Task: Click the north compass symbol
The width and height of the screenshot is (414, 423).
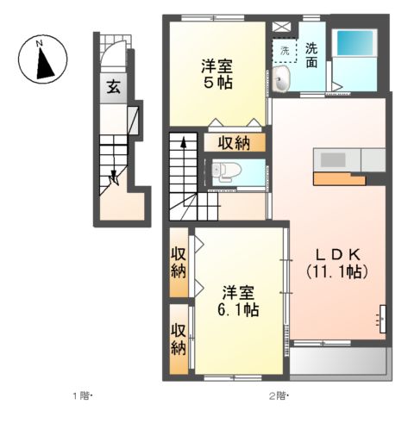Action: click(42, 59)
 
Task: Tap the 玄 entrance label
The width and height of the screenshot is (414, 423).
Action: click(113, 87)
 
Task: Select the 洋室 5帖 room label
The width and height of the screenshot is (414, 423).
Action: click(217, 74)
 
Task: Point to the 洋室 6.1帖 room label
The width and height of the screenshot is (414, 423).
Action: click(238, 301)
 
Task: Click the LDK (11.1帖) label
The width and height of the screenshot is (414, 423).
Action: click(337, 263)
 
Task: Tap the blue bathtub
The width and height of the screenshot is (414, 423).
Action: click(355, 43)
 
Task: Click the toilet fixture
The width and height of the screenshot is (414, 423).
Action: click(226, 172)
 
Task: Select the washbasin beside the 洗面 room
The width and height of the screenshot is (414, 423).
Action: click(280, 79)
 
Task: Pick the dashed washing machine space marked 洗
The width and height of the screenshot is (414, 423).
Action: click(285, 51)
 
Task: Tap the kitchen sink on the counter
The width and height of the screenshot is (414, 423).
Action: click(333, 159)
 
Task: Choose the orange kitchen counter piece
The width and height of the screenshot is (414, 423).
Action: click(339, 179)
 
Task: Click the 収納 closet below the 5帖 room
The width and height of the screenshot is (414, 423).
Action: click(235, 143)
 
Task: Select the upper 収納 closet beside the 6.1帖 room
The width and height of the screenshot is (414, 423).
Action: click(179, 263)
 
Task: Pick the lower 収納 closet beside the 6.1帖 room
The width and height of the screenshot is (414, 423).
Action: click(179, 339)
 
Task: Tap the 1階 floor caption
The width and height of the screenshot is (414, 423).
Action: click(82, 396)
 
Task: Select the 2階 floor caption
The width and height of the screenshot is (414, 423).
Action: click(279, 396)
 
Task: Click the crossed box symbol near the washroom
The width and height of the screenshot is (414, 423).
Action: click(282, 27)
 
